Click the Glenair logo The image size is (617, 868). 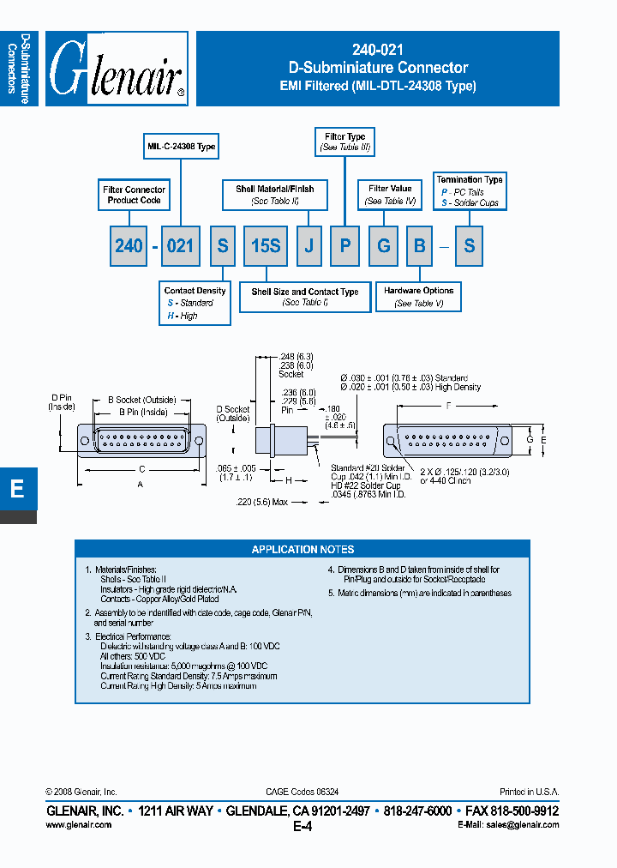point(117,69)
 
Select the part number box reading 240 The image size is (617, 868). point(129,245)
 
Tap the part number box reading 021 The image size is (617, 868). point(180,245)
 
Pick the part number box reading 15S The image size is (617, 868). point(265,245)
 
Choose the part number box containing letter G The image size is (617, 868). point(384,245)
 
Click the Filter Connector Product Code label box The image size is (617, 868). point(134,195)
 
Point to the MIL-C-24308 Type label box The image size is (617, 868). point(181,147)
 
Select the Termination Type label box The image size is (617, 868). point(470,191)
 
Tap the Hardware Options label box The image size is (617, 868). point(419,297)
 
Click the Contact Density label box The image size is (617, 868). point(195,303)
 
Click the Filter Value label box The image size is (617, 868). point(390,194)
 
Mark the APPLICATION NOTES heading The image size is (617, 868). point(303,549)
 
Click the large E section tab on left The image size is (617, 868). point(17,490)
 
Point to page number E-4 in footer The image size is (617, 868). point(303,826)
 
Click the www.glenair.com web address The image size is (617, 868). point(78,824)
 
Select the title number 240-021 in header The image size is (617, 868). point(378,51)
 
